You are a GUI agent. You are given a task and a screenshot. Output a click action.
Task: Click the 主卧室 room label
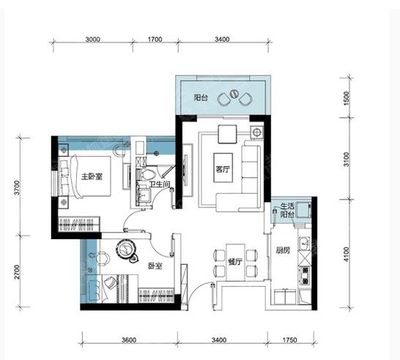(x=92, y=176)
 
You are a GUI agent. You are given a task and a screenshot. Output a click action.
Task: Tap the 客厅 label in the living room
(x=223, y=169)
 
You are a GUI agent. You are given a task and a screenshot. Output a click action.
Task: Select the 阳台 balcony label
(x=201, y=97)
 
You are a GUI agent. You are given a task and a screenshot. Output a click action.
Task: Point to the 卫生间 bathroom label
(x=160, y=184)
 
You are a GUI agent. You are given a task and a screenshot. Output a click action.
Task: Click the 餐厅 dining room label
(x=235, y=262)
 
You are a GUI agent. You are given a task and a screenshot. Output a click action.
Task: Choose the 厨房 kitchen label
(x=283, y=250)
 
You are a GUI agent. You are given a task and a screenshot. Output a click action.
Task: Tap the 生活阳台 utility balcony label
(x=287, y=210)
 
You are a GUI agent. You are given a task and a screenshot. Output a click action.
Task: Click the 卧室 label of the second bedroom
(x=155, y=266)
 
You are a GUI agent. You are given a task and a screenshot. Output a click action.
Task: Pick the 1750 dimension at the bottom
(x=290, y=340)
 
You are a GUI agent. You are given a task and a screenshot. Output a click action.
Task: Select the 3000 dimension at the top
(x=92, y=40)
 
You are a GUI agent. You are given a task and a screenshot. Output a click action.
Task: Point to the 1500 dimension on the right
(x=346, y=98)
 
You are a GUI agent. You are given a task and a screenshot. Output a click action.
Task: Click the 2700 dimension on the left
(x=17, y=272)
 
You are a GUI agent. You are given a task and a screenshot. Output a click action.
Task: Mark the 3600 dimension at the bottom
(x=129, y=340)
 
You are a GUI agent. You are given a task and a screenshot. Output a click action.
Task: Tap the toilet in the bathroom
(x=147, y=174)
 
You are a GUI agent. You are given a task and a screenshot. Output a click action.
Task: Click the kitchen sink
(x=304, y=243)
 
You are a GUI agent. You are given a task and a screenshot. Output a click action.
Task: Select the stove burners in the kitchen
(x=305, y=276)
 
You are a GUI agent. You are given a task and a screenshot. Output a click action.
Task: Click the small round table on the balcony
(x=234, y=94)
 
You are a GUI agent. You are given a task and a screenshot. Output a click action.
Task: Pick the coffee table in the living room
(x=223, y=168)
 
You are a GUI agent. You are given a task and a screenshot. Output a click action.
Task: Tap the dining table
(x=235, y=263)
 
